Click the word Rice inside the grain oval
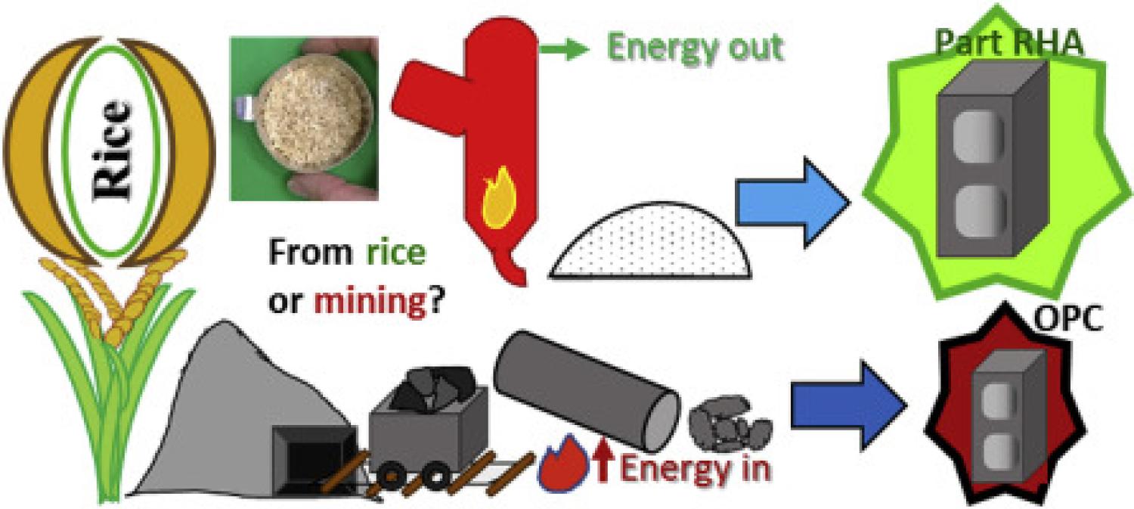(111, 151)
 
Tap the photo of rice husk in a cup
(304, 119)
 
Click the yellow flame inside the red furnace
(499, 199)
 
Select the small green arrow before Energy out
(564, 49)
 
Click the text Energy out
(696, 48)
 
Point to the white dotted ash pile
(650, 241)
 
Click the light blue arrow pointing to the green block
(792, 203)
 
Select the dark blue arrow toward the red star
(848, 405)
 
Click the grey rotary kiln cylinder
(587, 391)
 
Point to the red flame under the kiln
(563, 462)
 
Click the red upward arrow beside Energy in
(602, 460)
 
